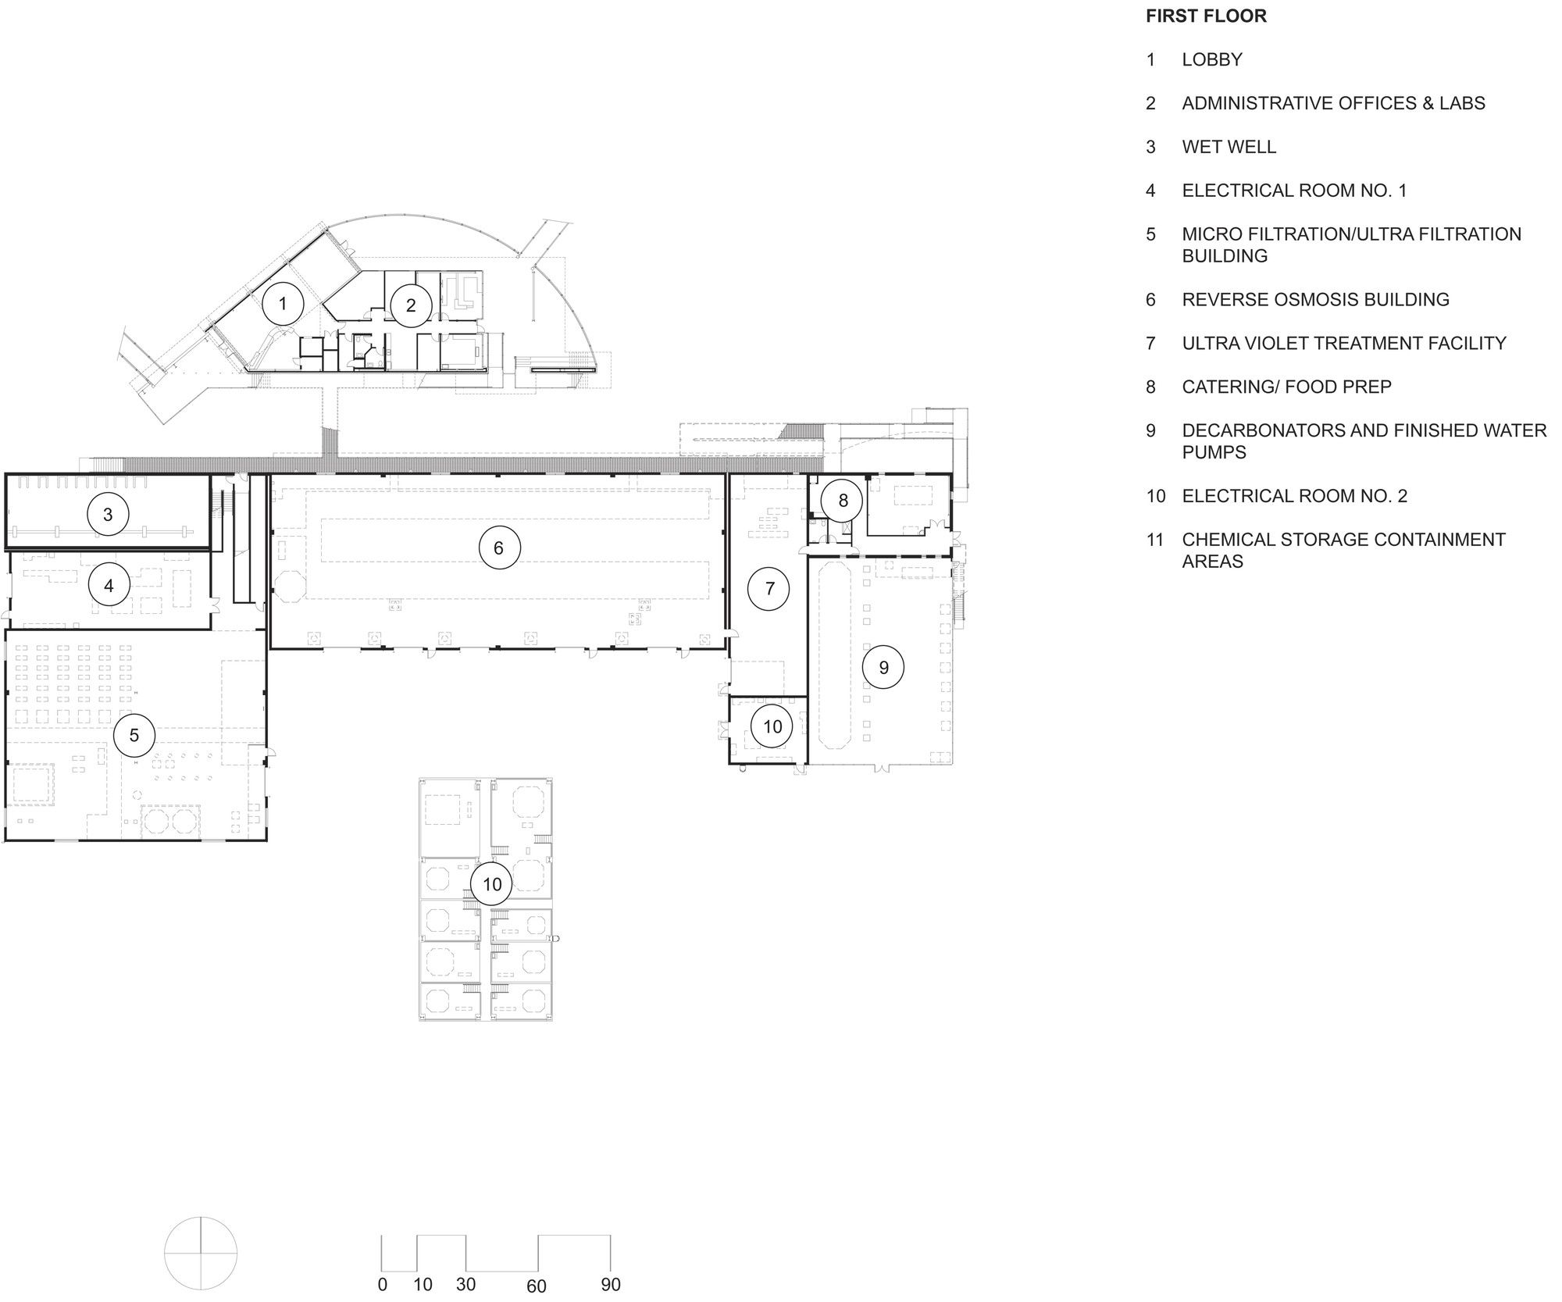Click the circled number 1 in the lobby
pos(283,304)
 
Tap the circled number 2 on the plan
pos(411,305)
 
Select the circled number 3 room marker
pos(108,514)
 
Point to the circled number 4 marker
pos(109,585)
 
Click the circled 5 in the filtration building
pos(134,735)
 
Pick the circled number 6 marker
pos(499,548)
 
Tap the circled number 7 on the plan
pos(769,588)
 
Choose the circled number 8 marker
pos(843,500)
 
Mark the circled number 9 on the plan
pos(883,667)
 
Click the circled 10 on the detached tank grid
pos(492,884)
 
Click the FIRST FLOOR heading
pos(1206,16)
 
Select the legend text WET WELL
pos(1229,147)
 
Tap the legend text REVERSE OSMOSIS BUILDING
pos(1315,299)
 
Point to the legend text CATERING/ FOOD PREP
pos(1286,387)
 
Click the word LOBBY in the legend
pos(1211,59)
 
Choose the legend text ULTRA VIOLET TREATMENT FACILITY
pos(1343,343)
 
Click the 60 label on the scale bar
pos(537,1286)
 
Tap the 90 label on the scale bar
pos(611,1284)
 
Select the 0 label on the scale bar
pos(382,1284)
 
